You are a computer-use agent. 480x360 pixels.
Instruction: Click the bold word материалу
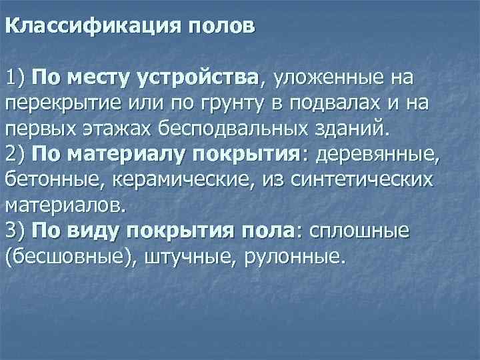pos(129,154)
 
